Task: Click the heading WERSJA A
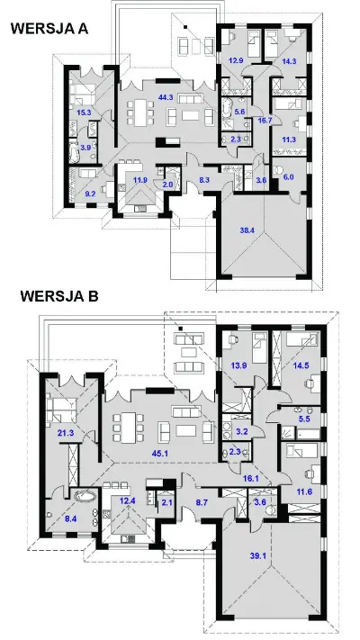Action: pos(49,29)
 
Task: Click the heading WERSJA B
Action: pos(59,296)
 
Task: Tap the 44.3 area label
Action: pos(166,97)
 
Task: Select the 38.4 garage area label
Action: pos(247,230)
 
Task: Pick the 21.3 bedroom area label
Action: pos(66,433)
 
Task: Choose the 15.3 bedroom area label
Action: pos(84,113)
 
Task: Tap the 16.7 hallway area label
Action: pos(265,119)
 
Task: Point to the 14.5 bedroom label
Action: pos(301,365)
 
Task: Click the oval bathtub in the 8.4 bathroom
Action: pos(85,497)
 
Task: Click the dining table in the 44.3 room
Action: pos(140,113)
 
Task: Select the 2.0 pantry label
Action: pos(167,185)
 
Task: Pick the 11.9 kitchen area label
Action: pos(140,179)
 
